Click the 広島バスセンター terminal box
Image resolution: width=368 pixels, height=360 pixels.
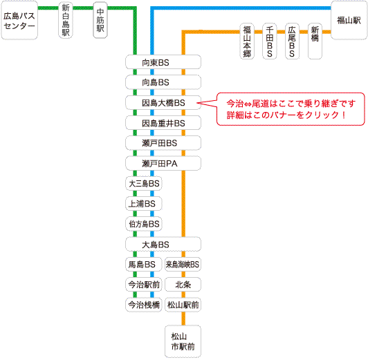(x=19, y=21)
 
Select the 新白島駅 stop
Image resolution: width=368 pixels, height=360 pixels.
(x=66, y=20)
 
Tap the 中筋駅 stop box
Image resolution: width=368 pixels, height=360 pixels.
(x=100, y=20)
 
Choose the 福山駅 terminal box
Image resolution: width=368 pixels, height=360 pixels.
(x=349, y=21)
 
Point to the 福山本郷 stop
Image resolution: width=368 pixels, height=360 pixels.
(x=247, y=41)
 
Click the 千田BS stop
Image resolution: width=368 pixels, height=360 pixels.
(x=270, y=41)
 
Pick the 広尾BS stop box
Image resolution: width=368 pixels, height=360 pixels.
(x=292, y=41)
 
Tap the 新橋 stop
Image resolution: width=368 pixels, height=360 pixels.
(x=315, y=41)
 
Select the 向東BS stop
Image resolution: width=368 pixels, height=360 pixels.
(x=163, y=62)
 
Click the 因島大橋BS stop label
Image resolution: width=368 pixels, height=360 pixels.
(x=163, y=103)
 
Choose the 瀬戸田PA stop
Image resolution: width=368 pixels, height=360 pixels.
(x=163, y=163)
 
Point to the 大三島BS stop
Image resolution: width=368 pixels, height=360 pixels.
(x=144, y=184)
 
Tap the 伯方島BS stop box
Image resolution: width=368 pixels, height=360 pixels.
(x=144, y=224)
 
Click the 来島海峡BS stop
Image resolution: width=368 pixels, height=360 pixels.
(x=183, y=265)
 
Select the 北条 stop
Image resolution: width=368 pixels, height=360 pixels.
(x=183, y=285)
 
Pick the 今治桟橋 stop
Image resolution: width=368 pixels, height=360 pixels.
(x=144, y=305)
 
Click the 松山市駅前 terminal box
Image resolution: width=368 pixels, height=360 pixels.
(x=183, y=341)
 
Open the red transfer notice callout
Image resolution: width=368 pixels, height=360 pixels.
(x=291, y=109)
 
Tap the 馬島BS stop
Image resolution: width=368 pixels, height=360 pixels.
(x=144, y=265)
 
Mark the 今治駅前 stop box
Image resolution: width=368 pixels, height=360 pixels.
(x=144, y=285)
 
